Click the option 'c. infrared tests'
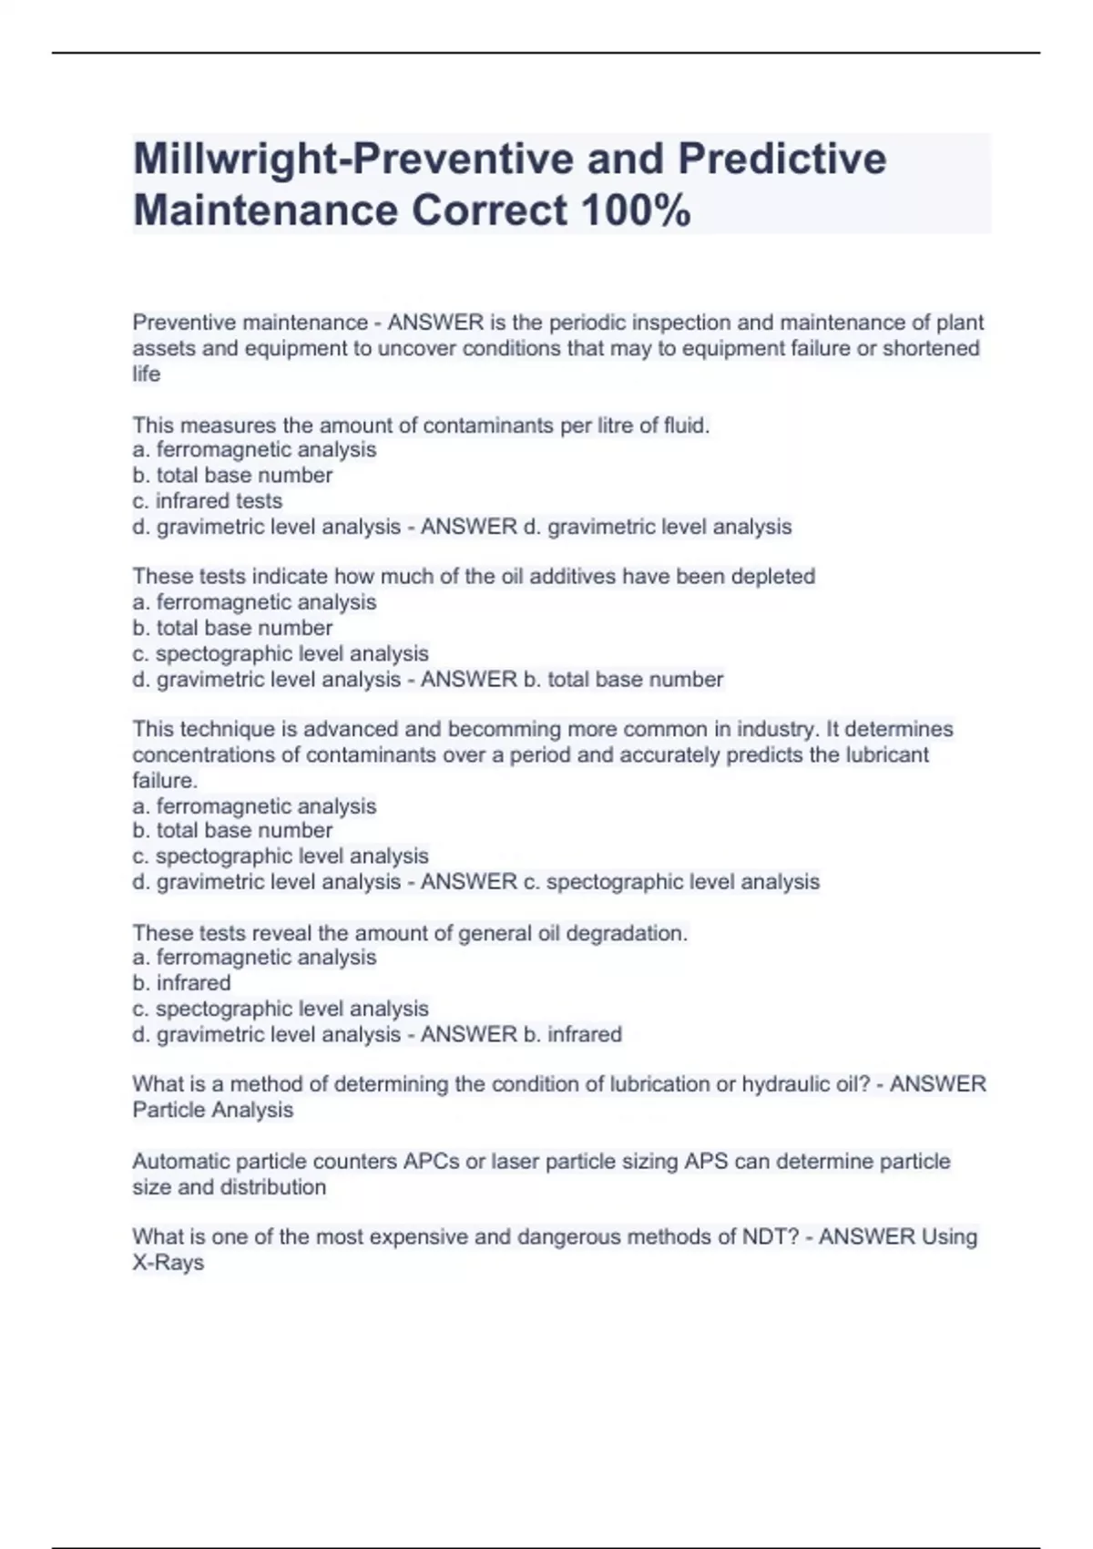pyautogui.click(x=207, y=501)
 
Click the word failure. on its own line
pyautogui.click(x=165, y=781)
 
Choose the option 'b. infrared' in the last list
pyautogui.click(x=181, y=983)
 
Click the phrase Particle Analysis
pyautogui.click(x=212, y=1111)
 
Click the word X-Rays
pyautogui.click(x=168, y=1264)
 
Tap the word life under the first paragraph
pyautogui.click(x=146, y=374)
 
